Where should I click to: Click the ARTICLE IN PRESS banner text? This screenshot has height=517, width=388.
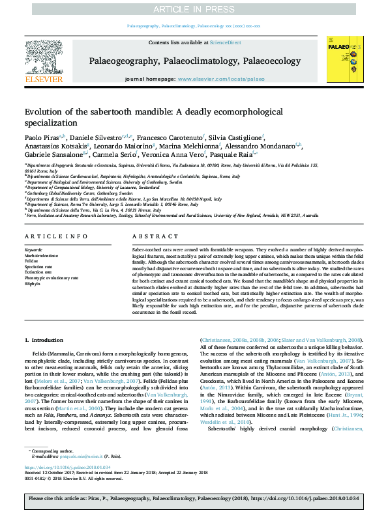[194, 8]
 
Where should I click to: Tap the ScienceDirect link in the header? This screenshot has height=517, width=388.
[225, 42]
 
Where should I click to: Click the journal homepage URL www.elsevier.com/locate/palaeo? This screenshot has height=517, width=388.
[222, 79]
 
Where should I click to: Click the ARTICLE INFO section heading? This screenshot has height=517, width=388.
[53, 237]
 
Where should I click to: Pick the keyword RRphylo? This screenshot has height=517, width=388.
[32, 285]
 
